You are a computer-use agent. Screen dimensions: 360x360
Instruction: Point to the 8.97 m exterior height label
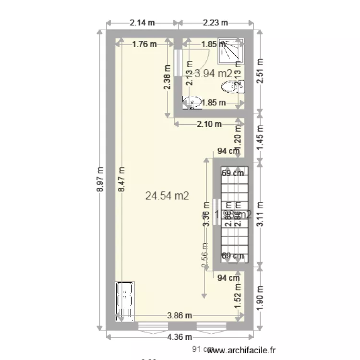(x=100, y=180)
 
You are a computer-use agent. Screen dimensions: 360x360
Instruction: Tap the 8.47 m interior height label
(x=121, y=180)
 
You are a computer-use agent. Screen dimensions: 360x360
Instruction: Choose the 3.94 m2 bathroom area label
(x=213, y=73)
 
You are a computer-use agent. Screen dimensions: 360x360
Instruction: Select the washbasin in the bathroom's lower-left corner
(x=192, y=102)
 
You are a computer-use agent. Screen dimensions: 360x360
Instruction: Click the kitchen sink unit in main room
(x=125, y=301)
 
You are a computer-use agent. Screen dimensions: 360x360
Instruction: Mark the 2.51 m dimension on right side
(x=261, y=71)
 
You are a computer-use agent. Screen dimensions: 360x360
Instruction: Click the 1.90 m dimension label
(x=261, y=299)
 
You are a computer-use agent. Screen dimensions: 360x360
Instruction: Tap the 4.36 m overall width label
(x=180, y=336)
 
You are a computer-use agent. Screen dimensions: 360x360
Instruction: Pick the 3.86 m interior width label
(x=180, y=315)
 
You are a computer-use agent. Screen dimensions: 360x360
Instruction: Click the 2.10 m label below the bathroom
(x=209, y=124)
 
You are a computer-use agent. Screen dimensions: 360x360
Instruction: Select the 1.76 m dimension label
(x=144, y=45)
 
